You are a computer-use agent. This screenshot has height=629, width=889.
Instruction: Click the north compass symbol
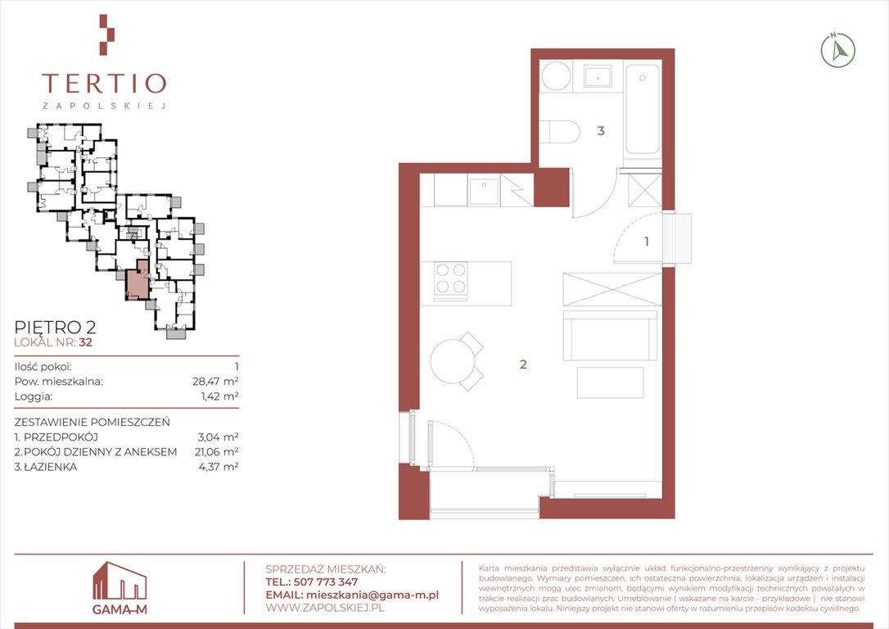click(x=838, y=51)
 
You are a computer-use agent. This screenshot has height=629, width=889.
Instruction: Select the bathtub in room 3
click(x=643, y=109)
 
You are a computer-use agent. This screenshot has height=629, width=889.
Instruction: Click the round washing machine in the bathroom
click(x=556, y=76)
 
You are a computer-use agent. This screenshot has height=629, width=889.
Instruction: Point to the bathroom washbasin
click(x=598, y=76)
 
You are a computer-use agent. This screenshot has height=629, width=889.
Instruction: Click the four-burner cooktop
click(x=451, y=278)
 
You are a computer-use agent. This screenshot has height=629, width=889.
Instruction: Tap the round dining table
click(x=451, y=360)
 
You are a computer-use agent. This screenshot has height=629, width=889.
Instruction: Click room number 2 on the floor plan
click(x=523, y=364)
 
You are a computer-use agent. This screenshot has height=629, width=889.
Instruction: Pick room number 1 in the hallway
click(x=647, y=242)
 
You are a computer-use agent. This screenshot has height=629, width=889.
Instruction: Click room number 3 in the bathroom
click(x=601, y=131)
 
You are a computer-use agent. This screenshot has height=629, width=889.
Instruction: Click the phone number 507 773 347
click(x=326, y=582)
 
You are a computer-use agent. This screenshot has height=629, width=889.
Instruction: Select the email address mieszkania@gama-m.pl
click(x=372, y=595)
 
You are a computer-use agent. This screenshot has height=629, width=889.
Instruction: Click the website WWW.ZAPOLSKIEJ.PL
click(x=325, y=608)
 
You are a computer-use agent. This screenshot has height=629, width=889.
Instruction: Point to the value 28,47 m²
click(x=215, y=381)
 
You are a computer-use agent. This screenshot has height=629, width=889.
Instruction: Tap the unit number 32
click(x=86, y=342)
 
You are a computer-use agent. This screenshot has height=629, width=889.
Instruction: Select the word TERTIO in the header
click(x=104, y=84)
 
